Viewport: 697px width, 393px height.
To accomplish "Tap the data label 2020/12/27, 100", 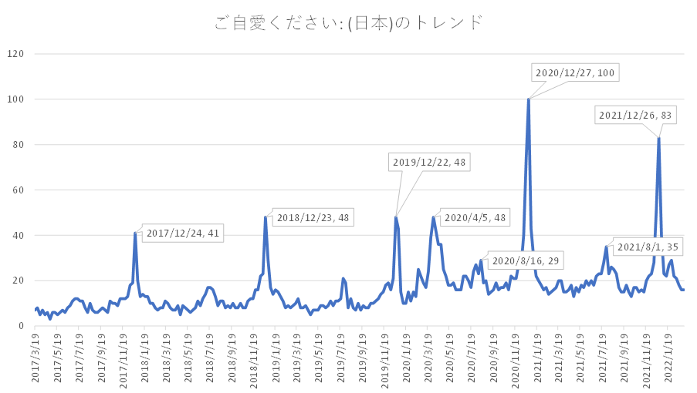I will (x=575, y=73).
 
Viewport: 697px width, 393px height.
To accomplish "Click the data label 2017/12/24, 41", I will (x=183, y=233).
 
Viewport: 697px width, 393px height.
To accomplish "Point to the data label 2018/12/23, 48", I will (x=313, y=218).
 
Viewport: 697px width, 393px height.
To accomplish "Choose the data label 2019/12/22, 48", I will (x=428, y=163).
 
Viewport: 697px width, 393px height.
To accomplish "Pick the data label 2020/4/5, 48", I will (x=475, y=218).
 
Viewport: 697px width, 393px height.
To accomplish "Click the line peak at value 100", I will (x=529, y=99).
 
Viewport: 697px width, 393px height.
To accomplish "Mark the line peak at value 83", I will (x=658, y=138).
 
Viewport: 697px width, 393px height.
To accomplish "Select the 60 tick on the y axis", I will (x=19, y=190).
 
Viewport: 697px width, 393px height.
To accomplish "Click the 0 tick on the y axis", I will (x=22, y=326).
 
